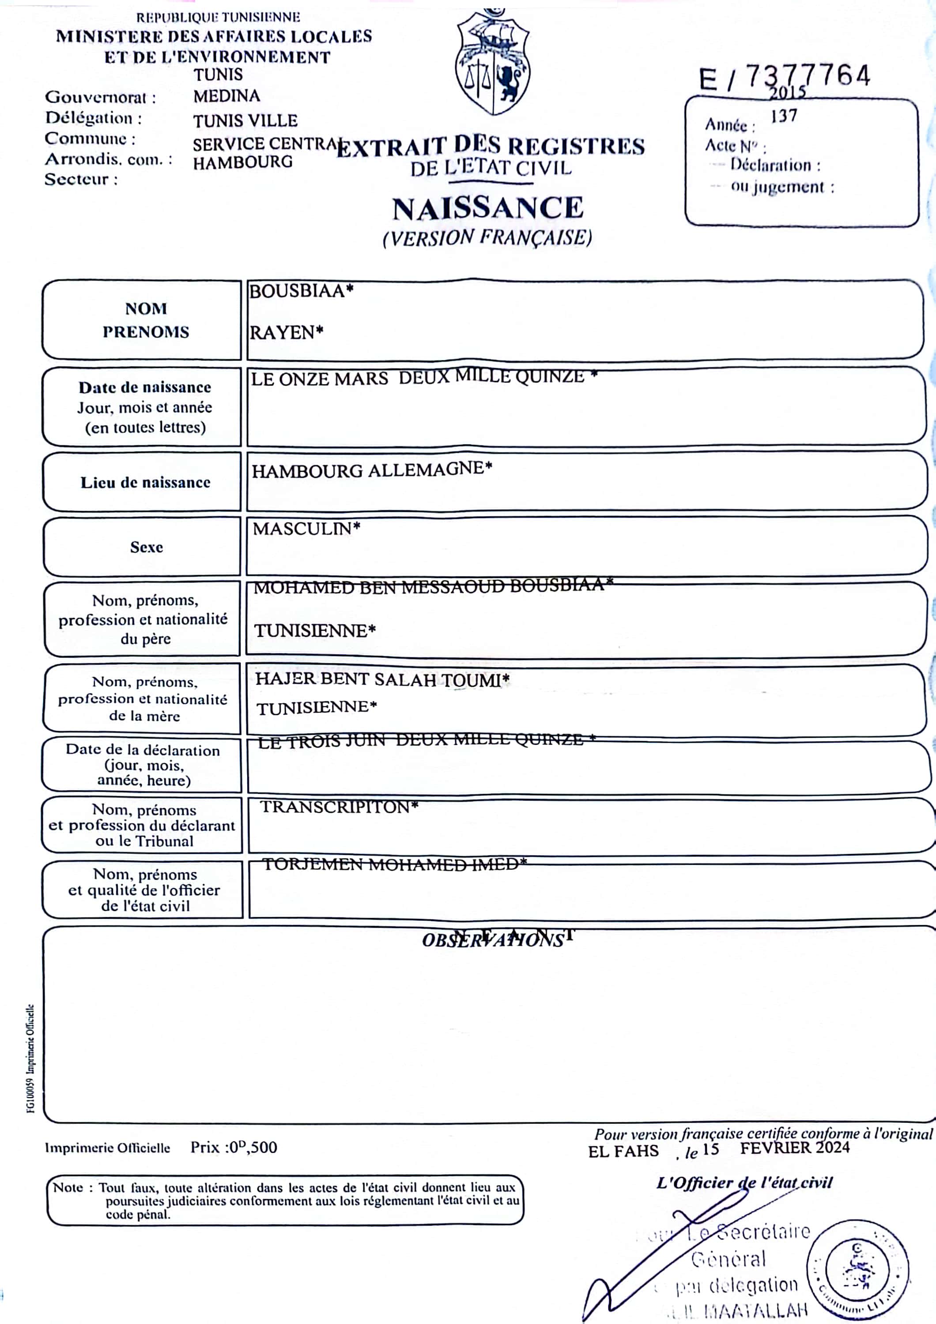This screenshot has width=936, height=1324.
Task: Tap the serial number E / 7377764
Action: coord(784,77)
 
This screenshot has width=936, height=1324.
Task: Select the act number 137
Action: coord(784,116)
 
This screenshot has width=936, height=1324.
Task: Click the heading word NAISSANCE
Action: coord(488,209)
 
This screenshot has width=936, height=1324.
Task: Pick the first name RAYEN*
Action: coord(286,333)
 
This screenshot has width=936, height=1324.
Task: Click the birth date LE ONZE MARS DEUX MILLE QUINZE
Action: coord(424,378)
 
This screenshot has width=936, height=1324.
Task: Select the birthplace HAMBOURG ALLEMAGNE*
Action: coord(372,470)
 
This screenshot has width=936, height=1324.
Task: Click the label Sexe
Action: coord(147,547)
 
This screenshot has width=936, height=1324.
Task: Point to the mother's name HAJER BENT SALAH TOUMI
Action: coord(382,679)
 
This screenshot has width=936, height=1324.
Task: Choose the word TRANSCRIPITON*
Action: coord(339,806)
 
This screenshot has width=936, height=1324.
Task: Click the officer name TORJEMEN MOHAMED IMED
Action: coord(394,864)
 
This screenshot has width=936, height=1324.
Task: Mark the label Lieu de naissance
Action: coord(145,482)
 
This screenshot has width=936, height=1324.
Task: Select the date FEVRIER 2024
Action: coord(795,1147)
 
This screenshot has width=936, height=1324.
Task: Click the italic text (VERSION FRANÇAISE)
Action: coord(487,237)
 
